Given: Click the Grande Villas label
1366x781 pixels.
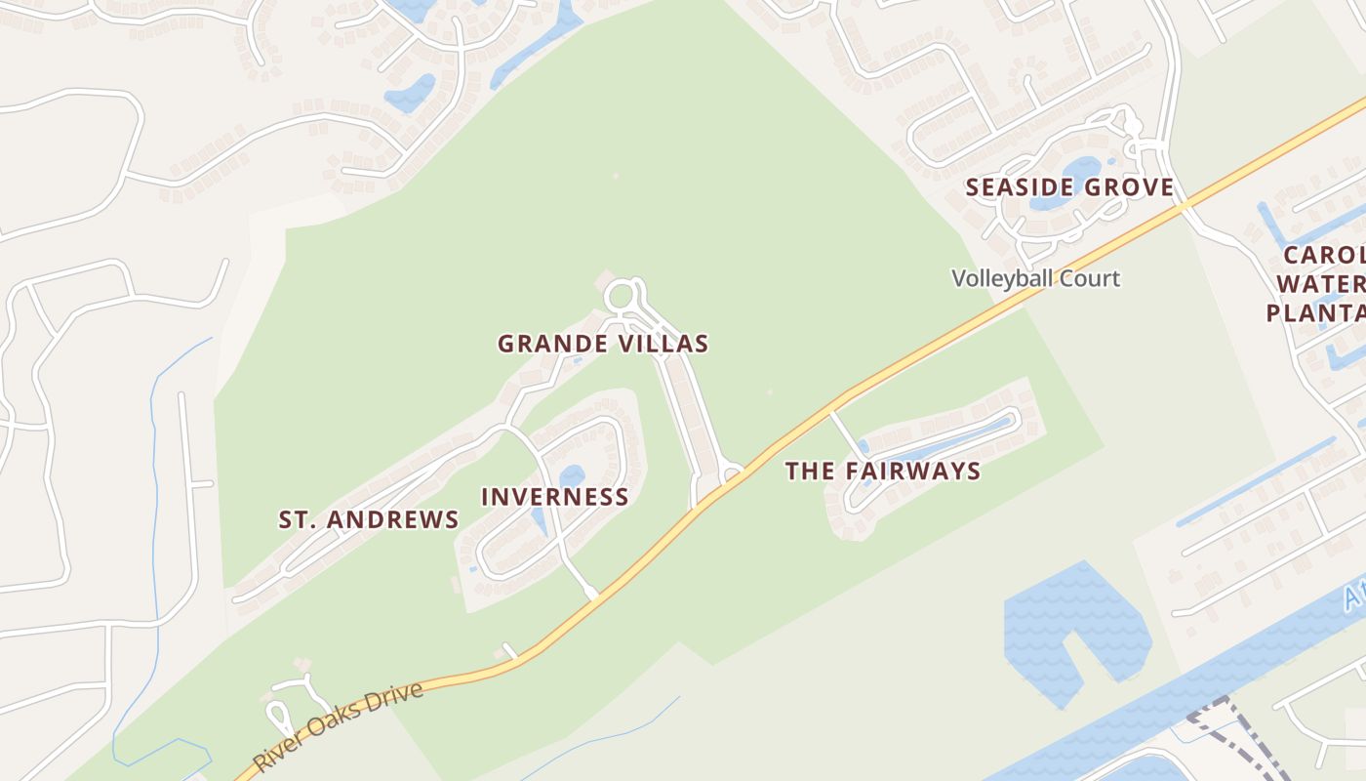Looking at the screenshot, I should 603,344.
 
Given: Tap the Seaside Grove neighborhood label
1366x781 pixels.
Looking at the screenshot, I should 1069,187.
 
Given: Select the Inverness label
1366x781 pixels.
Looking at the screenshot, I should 555,497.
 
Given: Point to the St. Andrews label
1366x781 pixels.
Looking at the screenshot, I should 369,519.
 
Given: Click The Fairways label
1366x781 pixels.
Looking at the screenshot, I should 883,472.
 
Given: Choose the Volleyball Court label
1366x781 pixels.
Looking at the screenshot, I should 1035,278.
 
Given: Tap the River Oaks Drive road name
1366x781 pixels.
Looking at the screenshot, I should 339,726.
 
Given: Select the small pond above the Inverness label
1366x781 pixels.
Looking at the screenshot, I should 571,475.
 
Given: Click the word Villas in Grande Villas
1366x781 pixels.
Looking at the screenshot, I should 663,344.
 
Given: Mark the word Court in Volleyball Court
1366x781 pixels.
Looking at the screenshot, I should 1094,278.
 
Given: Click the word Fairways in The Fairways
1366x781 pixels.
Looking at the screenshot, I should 912,472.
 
